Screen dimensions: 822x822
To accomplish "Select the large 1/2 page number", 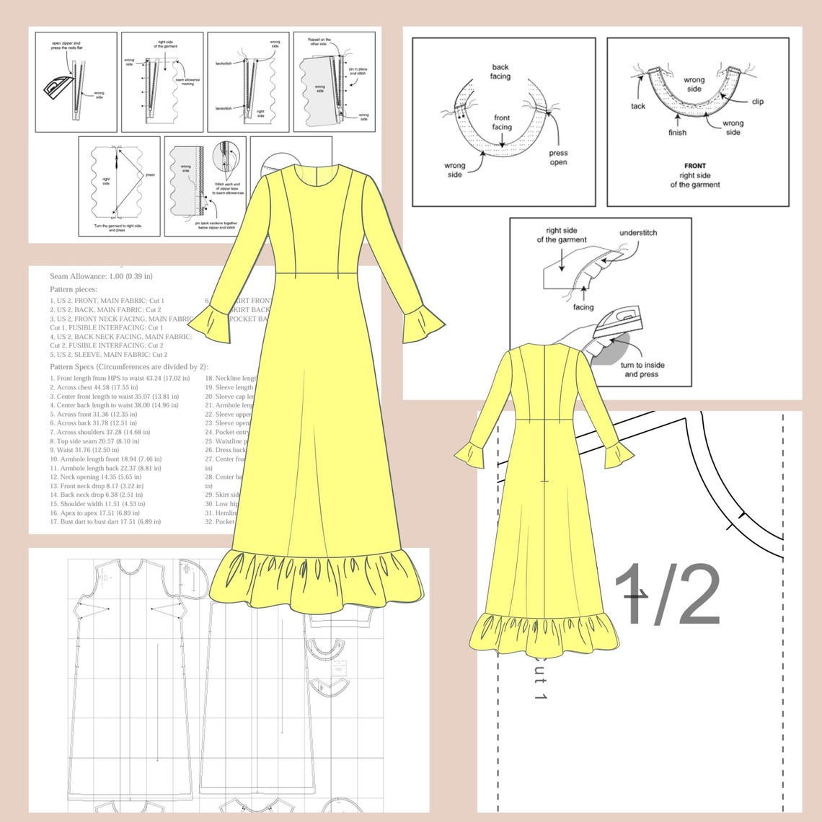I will click(x=667, y=595).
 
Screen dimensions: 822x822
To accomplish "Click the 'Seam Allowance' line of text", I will click(x=101, y=276).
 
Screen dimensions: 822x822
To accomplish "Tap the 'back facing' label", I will click(x=500, y=71).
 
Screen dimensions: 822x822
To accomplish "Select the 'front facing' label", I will click(x=502, y=123).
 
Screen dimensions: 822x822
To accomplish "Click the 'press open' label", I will click(x=558, y=157).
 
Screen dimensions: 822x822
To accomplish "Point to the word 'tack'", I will click(x=638, y=106).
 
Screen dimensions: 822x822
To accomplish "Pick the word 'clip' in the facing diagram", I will click(x=757, y=102).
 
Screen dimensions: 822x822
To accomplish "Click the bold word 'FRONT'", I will click(x=695, y=166).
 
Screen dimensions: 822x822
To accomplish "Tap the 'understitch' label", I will click(x=637, y=233).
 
